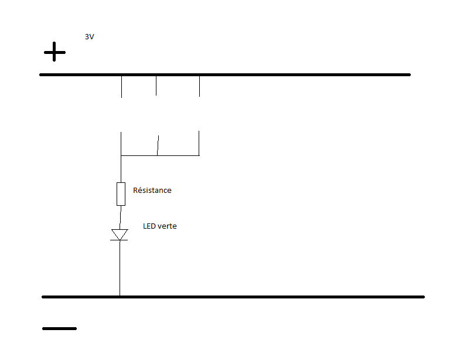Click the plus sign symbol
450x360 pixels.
click(54, 52)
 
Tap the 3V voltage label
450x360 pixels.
click(90, 36)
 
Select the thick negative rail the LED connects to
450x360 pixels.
click(264, 297)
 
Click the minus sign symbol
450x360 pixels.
click(59, 328)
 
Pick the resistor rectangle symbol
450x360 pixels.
click(121, 193)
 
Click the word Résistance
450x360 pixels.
click(152, 190)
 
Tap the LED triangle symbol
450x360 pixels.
click(120, 235)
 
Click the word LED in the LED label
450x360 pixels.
click(151, 226)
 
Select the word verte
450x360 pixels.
click(168, 226)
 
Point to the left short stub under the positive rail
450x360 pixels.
click(121, 87)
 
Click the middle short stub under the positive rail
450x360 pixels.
click(156, 86)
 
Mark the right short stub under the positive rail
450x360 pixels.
click(199, 86)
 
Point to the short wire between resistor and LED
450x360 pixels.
click(120, 217)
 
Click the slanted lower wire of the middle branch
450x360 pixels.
click(158, 145)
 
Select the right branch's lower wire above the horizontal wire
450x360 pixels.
click(199, 143)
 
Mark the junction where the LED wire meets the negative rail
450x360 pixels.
click(120, 297)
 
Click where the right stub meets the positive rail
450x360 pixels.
click(199, 75)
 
